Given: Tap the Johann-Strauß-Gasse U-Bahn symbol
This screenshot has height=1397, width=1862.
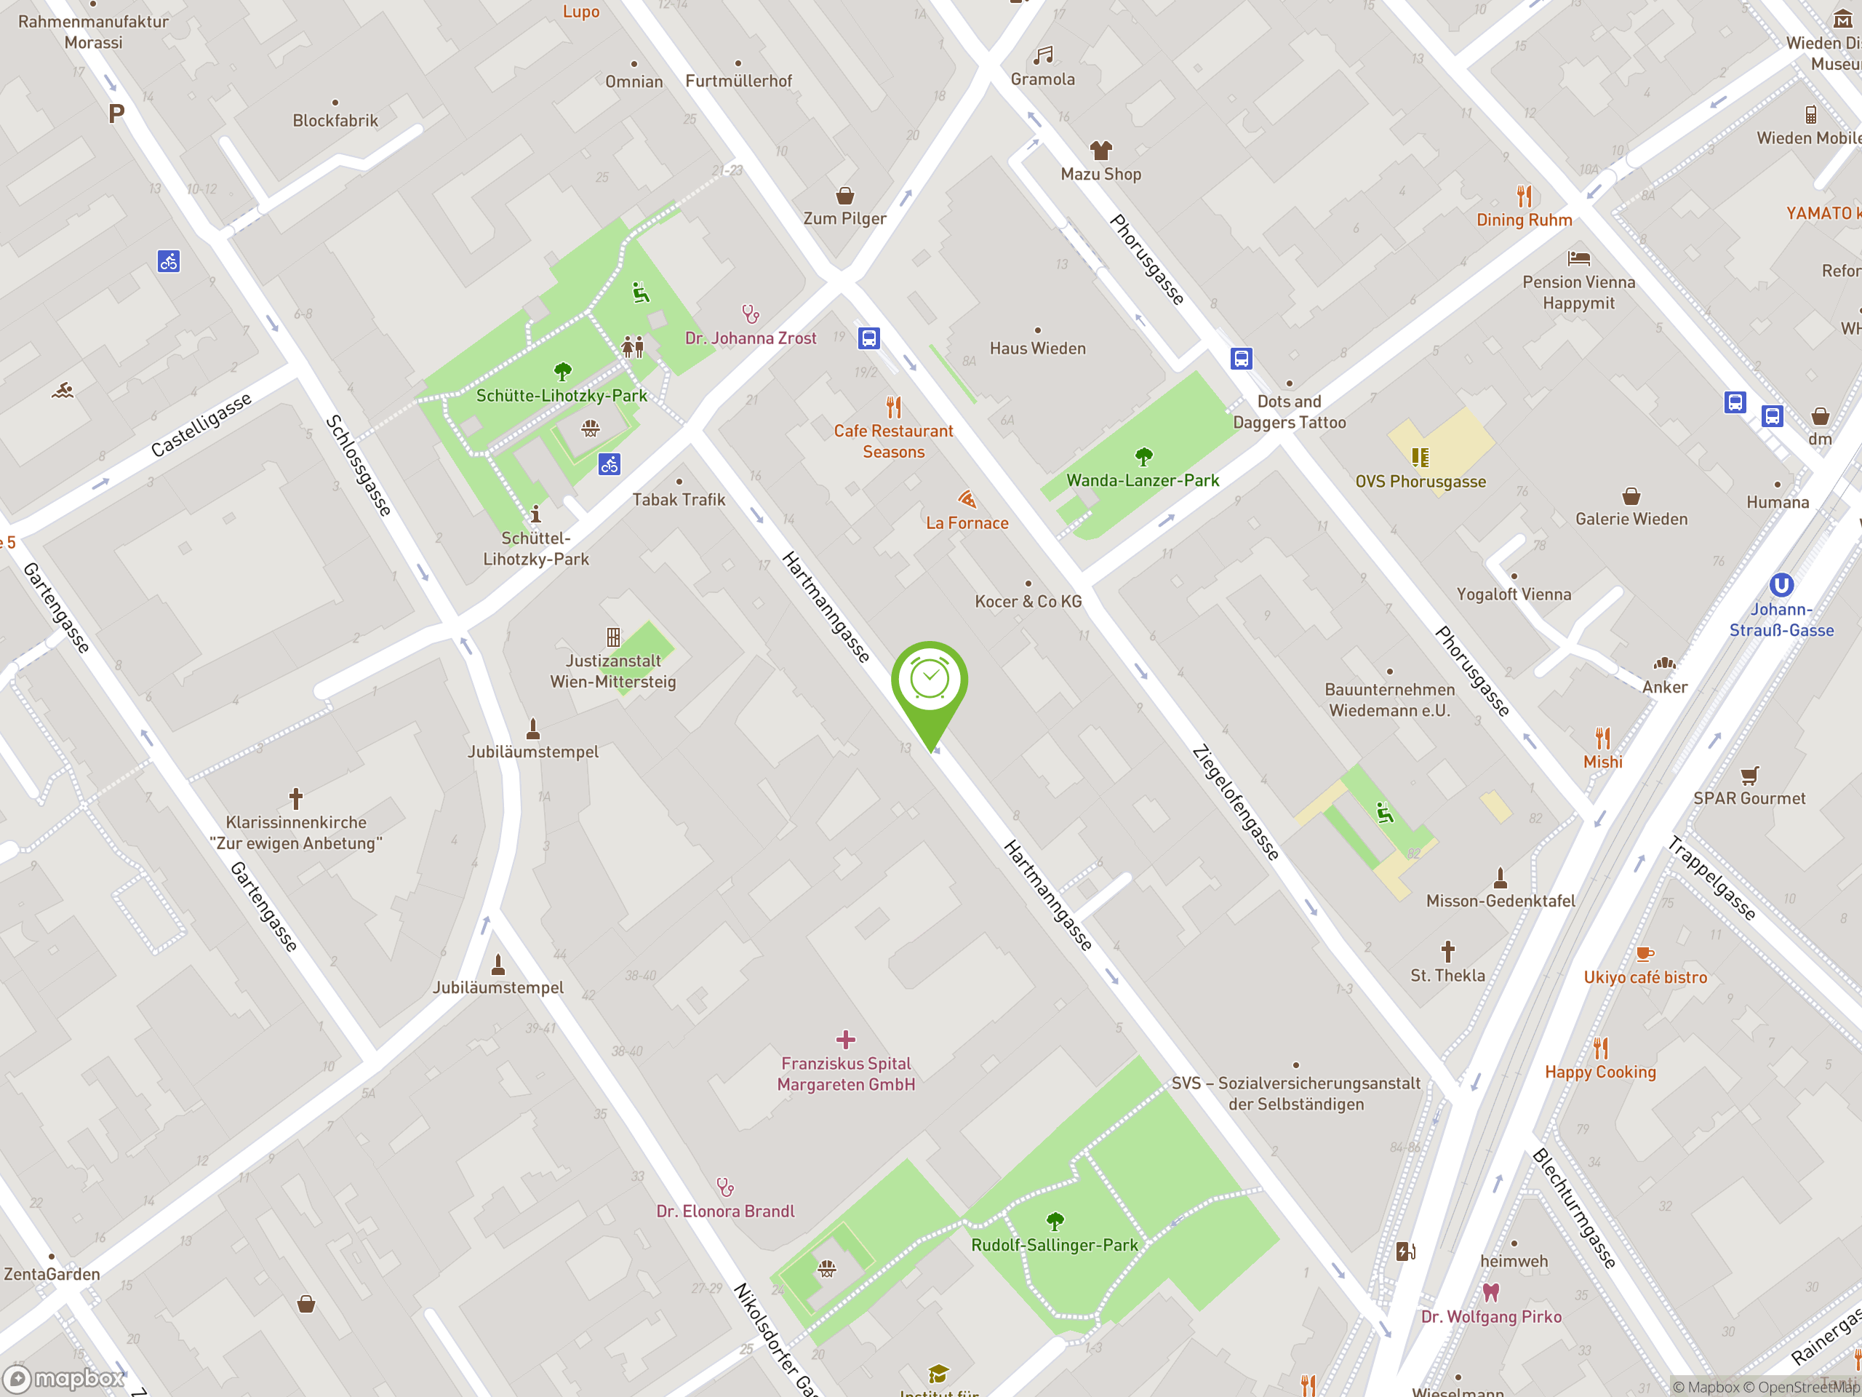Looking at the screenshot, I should (x=1781, y=584).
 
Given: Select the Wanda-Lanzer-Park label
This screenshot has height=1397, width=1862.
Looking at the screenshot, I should (x=1142, y=480).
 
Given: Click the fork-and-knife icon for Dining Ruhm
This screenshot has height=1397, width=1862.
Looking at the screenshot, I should (x=1525, y=196).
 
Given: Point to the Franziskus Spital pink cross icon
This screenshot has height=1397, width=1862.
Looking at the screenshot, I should (x=846, y=1040).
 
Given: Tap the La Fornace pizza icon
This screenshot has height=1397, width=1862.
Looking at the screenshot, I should (x=967, y=499).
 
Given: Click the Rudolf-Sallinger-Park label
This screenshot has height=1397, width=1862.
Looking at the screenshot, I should (x=1054, y=1245).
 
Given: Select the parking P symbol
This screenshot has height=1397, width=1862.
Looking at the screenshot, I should (x=116, y=114).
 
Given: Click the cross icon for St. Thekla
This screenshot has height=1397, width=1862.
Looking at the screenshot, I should (x=1448, y=952).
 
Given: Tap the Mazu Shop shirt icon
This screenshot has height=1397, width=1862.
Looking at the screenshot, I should (x=1101, y=151).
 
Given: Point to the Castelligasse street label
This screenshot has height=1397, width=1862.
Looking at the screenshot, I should (x=201, y=424).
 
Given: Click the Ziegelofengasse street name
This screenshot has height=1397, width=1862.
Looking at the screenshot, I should (x=1236, y=803).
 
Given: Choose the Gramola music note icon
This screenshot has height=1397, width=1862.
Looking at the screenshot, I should (x=1043, y=55).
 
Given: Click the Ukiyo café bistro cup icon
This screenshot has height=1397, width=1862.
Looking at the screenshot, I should (x=1645, y=954).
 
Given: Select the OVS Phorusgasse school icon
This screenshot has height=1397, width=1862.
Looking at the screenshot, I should (x=1420, y=457).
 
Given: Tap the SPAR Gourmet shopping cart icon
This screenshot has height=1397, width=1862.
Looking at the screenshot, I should (x=1749, y=775).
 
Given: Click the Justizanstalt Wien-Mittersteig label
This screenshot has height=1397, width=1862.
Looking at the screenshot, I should (x=613, y=671).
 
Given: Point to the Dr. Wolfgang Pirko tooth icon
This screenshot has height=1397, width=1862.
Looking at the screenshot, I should (x=1491, y=1291).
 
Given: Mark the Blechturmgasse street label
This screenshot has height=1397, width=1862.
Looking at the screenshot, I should (x=1574, y=1208).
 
